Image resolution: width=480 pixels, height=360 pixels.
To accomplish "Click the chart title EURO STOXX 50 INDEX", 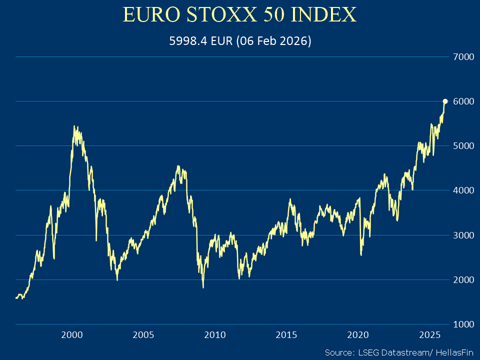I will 239,15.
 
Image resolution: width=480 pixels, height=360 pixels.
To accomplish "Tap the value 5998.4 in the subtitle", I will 186,41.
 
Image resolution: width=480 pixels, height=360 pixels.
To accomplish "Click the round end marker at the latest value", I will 445,101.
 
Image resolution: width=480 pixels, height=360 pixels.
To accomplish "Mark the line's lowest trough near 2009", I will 203,287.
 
